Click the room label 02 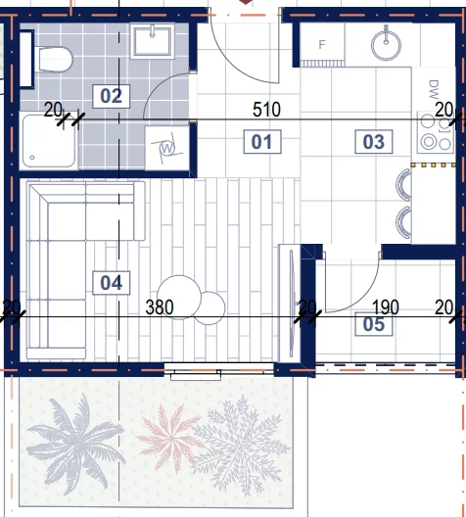click(x=111, y=96)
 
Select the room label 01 click(x=262, y=142)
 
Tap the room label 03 click(x=374, y=142)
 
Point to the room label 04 click(x=111, y=283)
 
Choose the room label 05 click(x=374, y=324)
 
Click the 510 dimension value click(x=266, y=110)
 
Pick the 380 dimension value click(x=160, y=307)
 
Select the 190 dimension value click(x=386, y=307)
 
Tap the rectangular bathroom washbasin click(x=153, y=41)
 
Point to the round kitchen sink click(x=386, y=45)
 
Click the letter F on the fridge click(x=322, y=44)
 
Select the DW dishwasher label click(x=434, y=89)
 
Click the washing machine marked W click(x=166, y=149)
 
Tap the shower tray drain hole click(x=32, y=158)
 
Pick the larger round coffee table click(x=179, y=297)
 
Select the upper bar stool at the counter click(x=404, y=185)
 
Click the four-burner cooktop click(x=436, y=132)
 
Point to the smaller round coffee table click(x=210, y=308)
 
